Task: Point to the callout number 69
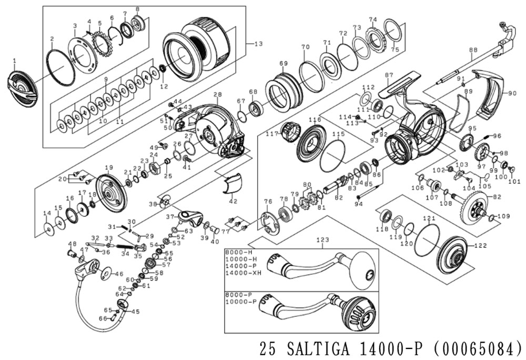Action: (284, 64)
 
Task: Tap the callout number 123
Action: (322, 239)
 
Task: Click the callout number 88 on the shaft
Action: (473, 51)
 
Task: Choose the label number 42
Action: (232, 202)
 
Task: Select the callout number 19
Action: (109, 168)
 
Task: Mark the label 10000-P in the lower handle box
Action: (241, 302)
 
